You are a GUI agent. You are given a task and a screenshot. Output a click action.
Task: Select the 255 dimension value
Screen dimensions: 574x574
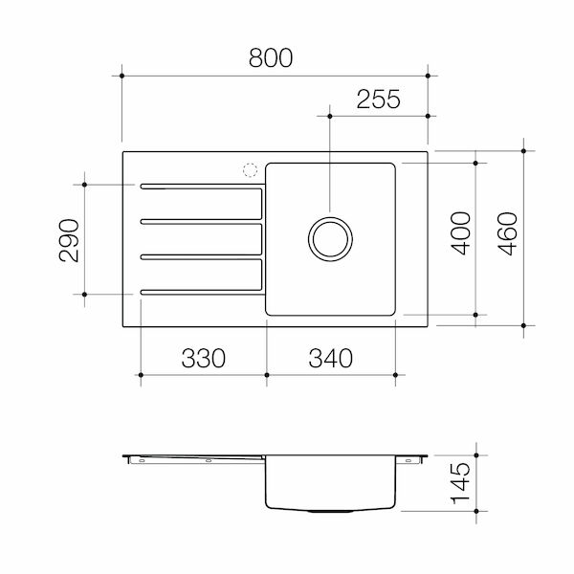(x=379, y=99)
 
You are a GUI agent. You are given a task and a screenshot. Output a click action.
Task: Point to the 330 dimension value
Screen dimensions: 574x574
(x=203, y=359)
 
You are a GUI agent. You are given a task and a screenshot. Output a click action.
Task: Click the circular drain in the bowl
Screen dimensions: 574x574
(x=328, y=238)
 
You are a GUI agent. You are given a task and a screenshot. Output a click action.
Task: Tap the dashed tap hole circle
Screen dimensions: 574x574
(x=251, y=170)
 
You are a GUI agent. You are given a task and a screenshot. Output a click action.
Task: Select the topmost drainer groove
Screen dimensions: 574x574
(x=201, y=187)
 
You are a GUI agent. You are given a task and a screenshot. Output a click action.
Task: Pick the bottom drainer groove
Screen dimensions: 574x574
(x=201, y=291)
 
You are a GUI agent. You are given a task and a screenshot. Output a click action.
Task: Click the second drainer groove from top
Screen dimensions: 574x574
(x=201, y=221)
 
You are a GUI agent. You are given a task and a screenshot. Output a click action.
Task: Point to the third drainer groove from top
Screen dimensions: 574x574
(x=201, y=255)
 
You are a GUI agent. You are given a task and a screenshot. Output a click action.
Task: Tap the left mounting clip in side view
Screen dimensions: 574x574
(x=141, y=460)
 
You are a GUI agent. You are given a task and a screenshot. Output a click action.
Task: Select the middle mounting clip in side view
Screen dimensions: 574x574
(x=208, y=460)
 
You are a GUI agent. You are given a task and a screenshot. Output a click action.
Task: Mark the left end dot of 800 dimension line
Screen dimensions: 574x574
(x=122, y=73)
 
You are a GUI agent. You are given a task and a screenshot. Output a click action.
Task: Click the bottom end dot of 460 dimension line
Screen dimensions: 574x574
(x=523, y=325)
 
